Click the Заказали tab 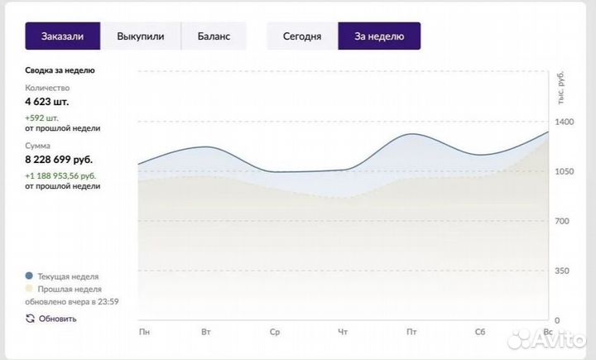point(63,36)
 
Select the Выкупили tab point(141,36)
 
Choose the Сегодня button point(302,36)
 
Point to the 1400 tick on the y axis point(564,122)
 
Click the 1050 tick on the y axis point(564,171)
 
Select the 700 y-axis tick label point(564,221)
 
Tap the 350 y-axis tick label point(564,271)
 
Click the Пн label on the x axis point(145,333)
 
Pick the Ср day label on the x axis point(276,333)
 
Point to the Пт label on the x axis point(411,333)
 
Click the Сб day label point(479,333)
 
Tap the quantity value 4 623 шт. point(47,102)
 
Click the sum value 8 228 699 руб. point(59,160)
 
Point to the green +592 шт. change point(48,118)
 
